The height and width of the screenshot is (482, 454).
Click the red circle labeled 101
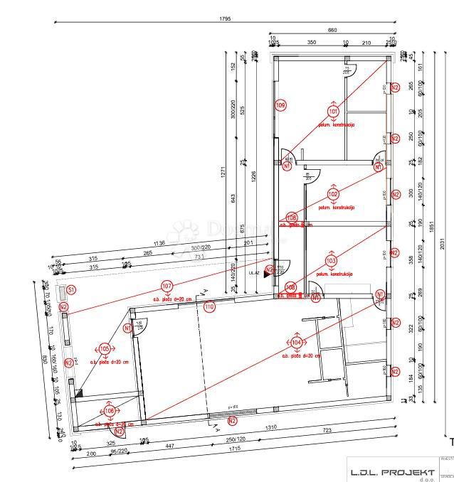(333, 111)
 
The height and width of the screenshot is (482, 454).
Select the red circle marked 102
(333, 194)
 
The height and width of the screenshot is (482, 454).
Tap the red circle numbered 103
(331, 260)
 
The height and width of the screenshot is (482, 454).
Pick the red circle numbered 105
(105, 349)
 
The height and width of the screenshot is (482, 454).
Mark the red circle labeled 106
(110, 411)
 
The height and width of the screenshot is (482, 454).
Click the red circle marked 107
(167, 287)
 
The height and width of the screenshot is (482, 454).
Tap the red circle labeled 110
(208, 307)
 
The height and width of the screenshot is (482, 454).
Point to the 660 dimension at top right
(332, 30)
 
